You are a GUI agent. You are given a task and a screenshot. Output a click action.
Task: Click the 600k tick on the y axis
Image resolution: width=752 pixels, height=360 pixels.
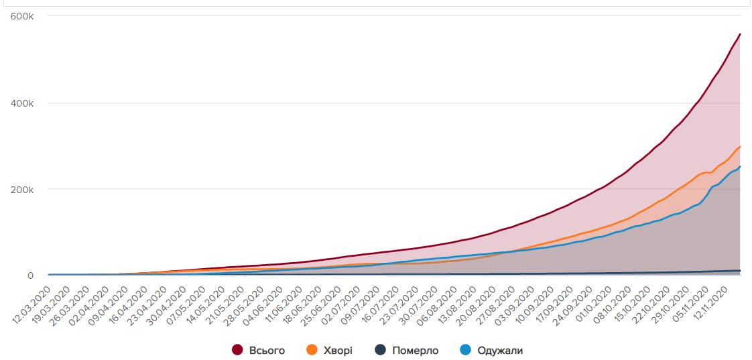point(23,17)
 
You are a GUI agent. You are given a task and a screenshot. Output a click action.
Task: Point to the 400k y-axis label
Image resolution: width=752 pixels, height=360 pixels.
point(23,103)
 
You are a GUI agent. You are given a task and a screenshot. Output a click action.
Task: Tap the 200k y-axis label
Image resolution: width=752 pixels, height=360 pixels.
point(23,189)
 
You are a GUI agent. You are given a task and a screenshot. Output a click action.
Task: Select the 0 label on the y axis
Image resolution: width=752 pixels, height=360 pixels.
point(30,276)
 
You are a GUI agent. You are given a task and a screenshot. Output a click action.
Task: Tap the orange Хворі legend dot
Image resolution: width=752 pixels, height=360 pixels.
point(311,350)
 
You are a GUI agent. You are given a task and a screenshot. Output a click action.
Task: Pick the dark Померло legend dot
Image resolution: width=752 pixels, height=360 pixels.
point(381,350)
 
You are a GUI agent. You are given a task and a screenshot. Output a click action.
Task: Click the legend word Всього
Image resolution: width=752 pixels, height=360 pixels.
point(267,351)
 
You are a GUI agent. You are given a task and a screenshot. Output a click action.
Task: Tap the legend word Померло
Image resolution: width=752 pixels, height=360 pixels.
point(416,351)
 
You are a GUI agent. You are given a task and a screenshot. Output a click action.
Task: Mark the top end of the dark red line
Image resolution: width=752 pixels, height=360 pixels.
point(740,34)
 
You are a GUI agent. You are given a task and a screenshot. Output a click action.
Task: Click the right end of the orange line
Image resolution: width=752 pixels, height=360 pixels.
point(740,146)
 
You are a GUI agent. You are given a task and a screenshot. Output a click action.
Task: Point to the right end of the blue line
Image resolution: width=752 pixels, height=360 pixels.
point(740,166)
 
